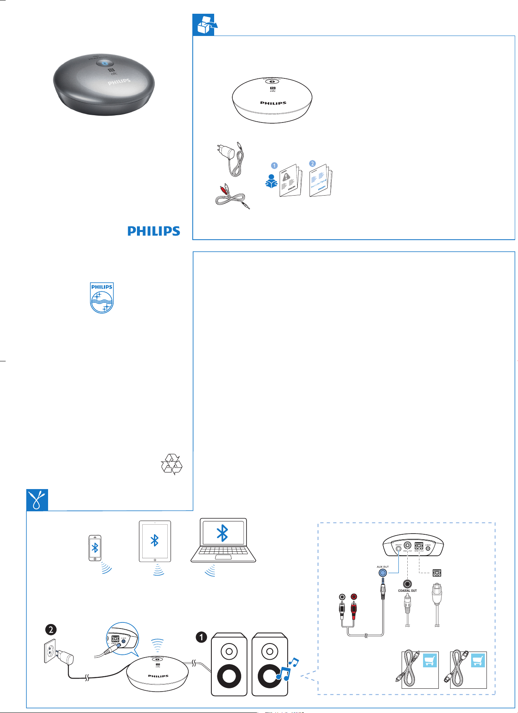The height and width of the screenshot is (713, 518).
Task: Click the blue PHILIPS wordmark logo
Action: tap(154, 231)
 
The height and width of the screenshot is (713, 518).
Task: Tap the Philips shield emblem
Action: tap(102, 298)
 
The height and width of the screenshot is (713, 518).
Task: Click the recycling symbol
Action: tap(172, 464)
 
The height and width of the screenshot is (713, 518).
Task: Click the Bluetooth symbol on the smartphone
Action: tap(95, 548)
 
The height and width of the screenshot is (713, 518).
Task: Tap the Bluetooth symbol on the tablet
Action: tap(154, 540)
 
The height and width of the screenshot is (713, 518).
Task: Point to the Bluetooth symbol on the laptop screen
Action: tap(223, 533)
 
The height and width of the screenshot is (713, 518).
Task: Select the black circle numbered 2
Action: tap(51, 629)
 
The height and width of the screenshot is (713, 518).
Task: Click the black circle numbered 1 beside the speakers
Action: tap(201, 637)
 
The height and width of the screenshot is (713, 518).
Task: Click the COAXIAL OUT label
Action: tap(407, 591)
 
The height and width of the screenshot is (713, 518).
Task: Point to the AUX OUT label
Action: tap(383, 567)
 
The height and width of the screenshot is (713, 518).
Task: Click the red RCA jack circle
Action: tap(354, 597)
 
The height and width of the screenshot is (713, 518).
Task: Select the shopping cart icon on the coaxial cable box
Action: tap(430, 660)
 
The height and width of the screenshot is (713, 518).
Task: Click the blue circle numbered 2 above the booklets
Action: tap(312, 163)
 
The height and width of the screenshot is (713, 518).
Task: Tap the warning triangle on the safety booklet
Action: tap(286, 176)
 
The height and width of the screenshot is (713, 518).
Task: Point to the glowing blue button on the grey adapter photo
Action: tap(105, 63)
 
